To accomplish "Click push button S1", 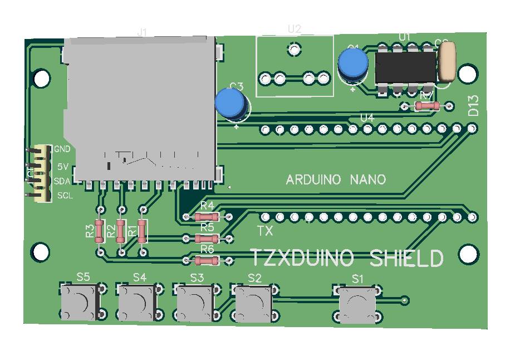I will point(358,305).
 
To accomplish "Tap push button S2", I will point(254,303).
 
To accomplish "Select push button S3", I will point(195,303).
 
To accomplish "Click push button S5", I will point(80,302).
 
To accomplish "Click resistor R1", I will point(143,231).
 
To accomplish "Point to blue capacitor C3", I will point(231,104).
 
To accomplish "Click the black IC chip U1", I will point(405,67).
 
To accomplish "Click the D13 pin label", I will point(473,106).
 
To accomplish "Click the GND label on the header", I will point(62,149).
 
